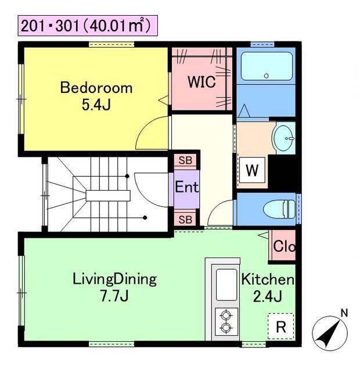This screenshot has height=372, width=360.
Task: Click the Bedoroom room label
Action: pyautogui.click(x=96, y=88)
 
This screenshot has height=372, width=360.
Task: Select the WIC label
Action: pyautogui.click(x=201, y=82)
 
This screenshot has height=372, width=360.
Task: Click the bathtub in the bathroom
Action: pyautogui.click(x=267, y=66)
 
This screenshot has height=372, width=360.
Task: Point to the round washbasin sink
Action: pyautogui.click(x=283, y=138)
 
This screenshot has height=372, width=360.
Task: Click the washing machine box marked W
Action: pyautogui.click(x=252, y=170)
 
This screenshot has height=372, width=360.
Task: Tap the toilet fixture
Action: pyautogui.click(x=279, y=209)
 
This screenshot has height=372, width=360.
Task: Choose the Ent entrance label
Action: pyautogui.click(x=187, y=187)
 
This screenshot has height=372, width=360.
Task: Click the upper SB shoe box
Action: pyautogui.click(x=185, y=160)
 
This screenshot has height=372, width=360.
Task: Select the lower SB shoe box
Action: pyautogui.click(x=185, y=220)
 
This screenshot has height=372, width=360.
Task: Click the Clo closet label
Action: pyautogui.click(x=284, y=246)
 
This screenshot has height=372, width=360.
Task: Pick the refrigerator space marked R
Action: pyautogui.click(x=281, y=327)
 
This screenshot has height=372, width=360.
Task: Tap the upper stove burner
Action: pyautogui.click(x=226, y=316)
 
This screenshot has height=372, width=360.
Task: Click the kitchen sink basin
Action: pyautogui.click(x=226, y=285)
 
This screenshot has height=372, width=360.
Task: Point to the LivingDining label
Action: pyautogui.click(x=114, y=279)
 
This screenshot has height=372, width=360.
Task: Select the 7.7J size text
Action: pyautogui.click(x=114, y=296)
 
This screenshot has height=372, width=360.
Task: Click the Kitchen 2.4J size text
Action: pyautogui.click(x=268, y=296)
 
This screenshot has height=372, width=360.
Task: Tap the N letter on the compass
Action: pyautogui.click(x=344, y=313)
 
